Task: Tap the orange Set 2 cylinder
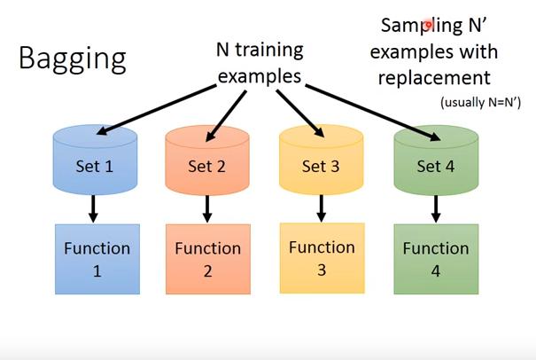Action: [207, 163]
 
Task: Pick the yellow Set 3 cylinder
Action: [321, 163]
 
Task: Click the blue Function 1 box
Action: [97, 259]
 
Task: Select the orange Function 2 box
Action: [207, 259]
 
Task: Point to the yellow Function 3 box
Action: [322, 257]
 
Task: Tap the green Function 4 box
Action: [435, 259]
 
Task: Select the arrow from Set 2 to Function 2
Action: [207, 209]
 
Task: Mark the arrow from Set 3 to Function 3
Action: [321, 209]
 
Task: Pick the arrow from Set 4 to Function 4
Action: [435, 209]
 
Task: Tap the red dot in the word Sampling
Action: [427, 26]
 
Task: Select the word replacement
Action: [434, 76]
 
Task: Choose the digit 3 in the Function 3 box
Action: [322, 269]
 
